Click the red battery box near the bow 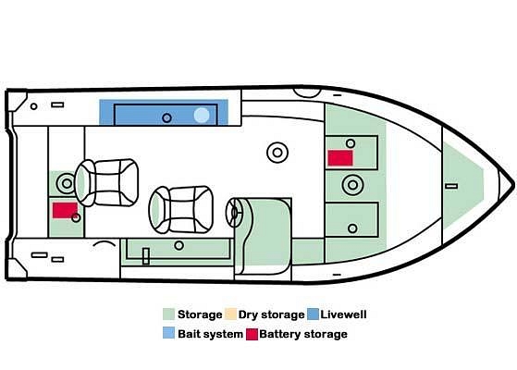(340, 158)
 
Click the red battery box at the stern (65, 210)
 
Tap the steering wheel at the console (234, 212)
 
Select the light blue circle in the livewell (202, 115)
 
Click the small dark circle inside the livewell (166, 117)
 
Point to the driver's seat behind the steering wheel (181, 209)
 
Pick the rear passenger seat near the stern (106, 183)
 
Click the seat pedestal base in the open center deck (277, 153)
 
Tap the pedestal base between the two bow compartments (352, 185)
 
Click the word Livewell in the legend (343, 314)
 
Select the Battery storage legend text (303, 334)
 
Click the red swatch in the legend (252, 334)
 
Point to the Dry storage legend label (271, 314)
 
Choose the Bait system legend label (210, 334)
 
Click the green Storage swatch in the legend (169, 314)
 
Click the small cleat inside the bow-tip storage (451, 186)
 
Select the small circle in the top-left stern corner (33, 106)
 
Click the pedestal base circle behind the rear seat (67, 183)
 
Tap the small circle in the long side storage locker (179, 245)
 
